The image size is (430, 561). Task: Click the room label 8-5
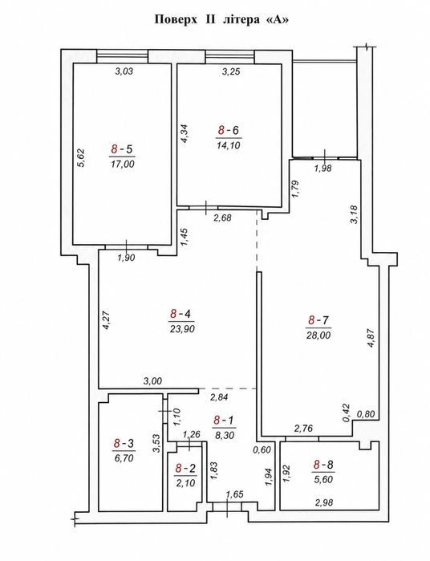pos(122,148)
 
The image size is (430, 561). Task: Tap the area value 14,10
pos(228,145)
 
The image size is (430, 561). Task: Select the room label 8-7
pos(318,320)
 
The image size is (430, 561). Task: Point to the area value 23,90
pos(182,328)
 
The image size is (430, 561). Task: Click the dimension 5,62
pos(81,157)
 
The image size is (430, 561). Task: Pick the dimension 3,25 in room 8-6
pos(231,71)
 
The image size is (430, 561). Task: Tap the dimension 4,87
pos(372,339)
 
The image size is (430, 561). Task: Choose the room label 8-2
pos(185,468)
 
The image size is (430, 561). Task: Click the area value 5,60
pos(323,479)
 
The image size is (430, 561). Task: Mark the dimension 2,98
pos(324,502)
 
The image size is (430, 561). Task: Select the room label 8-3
pos(124,444)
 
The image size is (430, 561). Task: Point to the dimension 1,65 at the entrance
pos(235,495)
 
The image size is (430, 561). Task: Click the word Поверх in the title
pos(176,20)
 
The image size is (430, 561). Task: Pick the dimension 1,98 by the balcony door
pos(323,169)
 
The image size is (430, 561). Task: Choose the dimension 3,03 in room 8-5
pos(124,71)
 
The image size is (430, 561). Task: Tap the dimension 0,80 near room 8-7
pos(366,414)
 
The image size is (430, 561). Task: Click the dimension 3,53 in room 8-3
pos(156,444)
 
